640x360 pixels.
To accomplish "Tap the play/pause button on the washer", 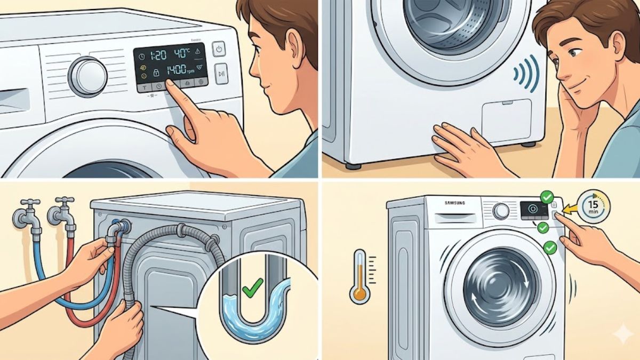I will pyautogui.click(x=221, y=74).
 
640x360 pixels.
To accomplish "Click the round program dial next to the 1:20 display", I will pyautogui.click(x=88, y=76).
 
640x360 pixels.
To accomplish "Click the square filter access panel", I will pyautogui.click(x=506, y=121).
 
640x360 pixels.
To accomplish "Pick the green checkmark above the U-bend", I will pyautogui.click(x=249, y=291).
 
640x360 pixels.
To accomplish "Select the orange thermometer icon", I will pyautogui.click(x=360, y=277).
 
